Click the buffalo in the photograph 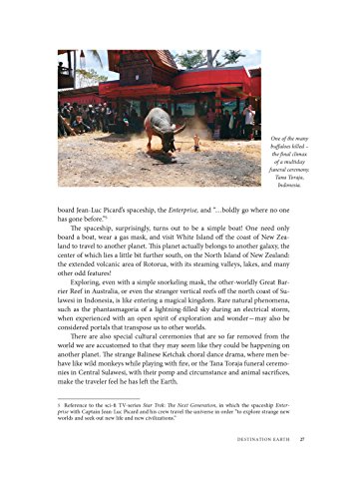(x=163, y=127)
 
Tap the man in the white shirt (x=249, y=122)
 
